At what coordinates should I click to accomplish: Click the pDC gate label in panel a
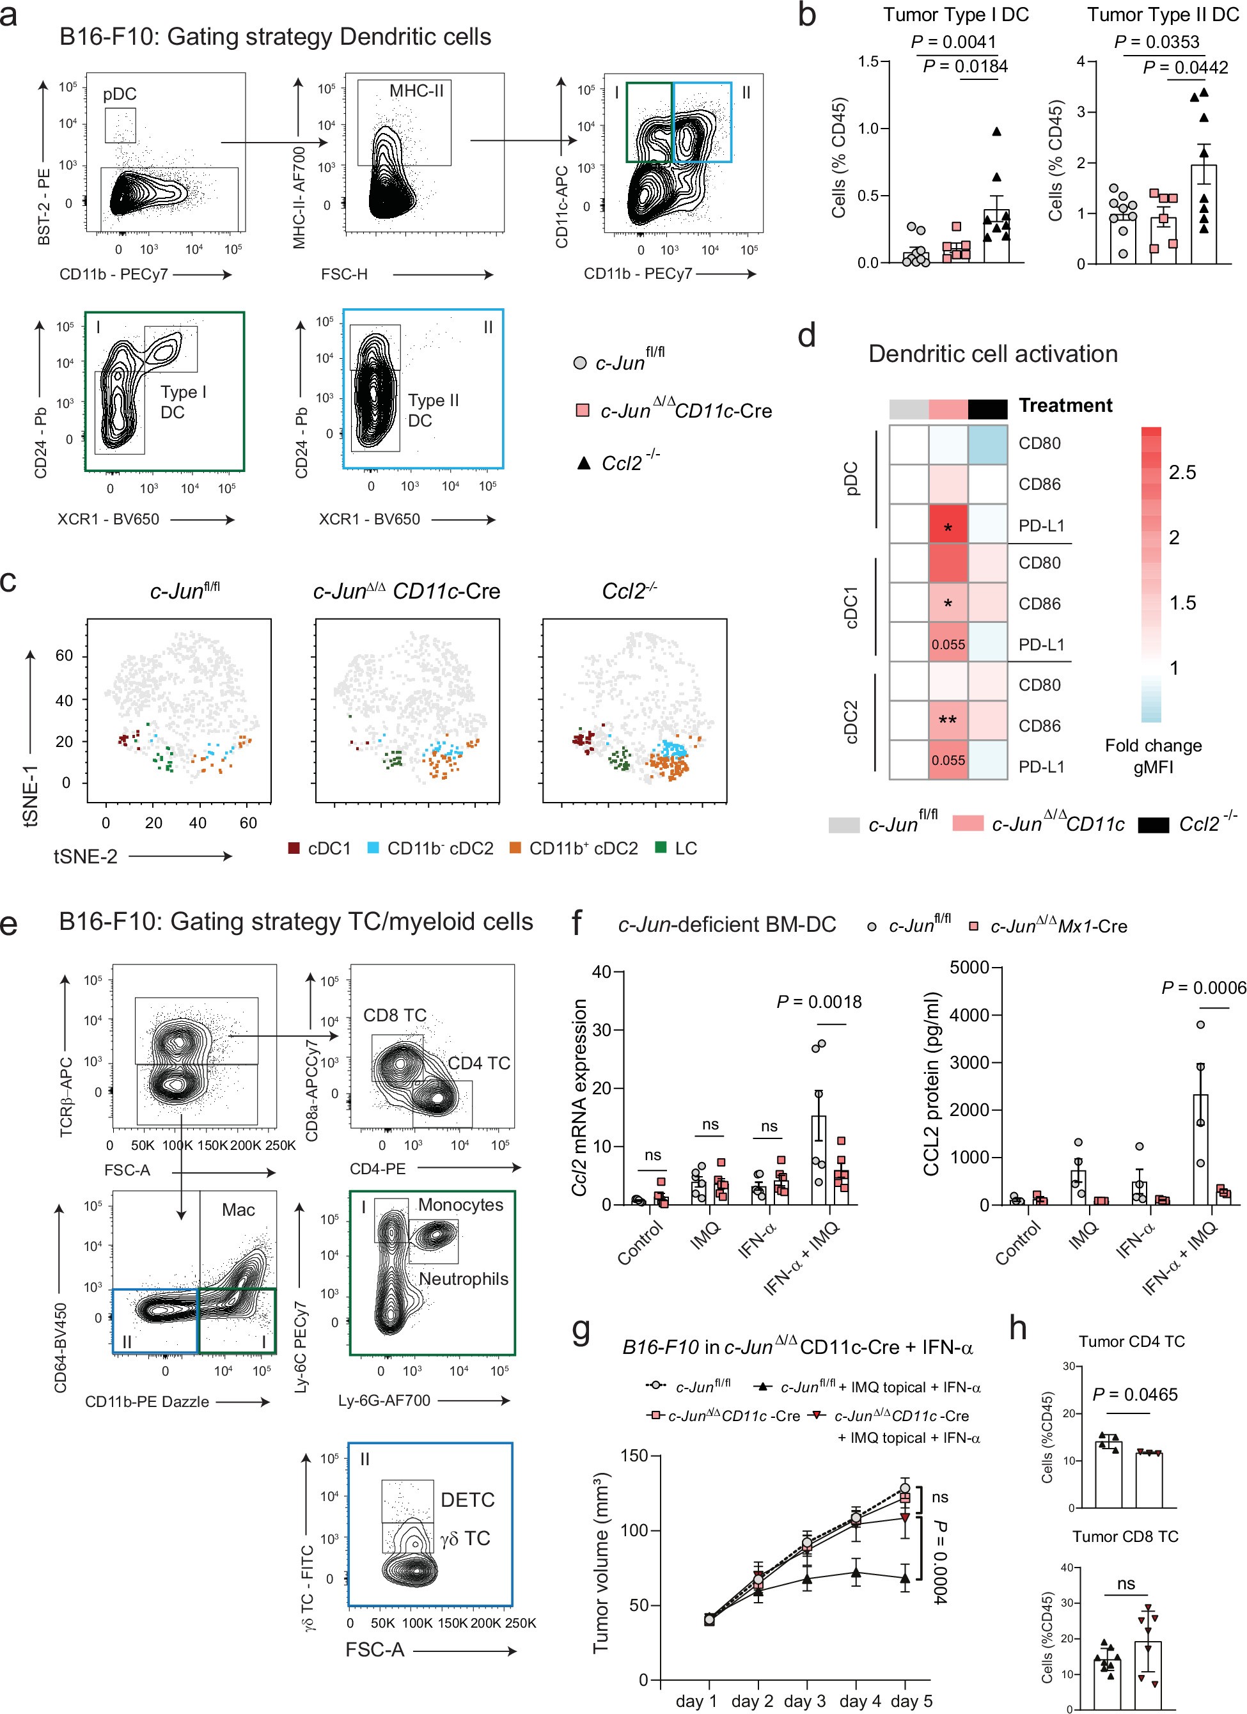(120, 95)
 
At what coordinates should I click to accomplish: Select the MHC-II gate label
(416, 91)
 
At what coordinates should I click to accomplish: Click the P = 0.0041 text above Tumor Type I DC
(953, 42)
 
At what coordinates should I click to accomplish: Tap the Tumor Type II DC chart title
(1163, 14)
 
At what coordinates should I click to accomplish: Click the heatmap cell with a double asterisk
(948, 720)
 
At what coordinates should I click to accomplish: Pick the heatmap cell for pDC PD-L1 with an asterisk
(948, 527)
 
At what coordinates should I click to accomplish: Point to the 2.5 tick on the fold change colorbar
(1182, 473)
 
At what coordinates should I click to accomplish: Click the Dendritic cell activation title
(992, 354)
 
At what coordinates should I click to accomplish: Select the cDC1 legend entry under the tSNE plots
(320, 849)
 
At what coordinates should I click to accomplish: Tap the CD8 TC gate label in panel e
(395, 1015)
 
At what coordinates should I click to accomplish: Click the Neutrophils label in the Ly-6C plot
(463, 1278)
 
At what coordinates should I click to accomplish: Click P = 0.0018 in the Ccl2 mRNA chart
(819, 1002)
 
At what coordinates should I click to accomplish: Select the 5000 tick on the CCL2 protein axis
(969, 968)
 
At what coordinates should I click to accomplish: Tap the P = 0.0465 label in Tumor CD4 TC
(1134, 1394)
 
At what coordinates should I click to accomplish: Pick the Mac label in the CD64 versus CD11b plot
(238, 1210)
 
